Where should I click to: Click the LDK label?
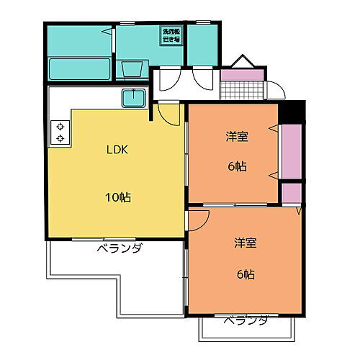click(x=119, y=150)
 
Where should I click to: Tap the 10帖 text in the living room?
click(x=120, y=197)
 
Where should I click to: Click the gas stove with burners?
click(x=60, y=131)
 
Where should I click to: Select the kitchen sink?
click(x=134, y=97)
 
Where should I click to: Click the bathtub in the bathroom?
click(x=79, y=69)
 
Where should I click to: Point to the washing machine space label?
click(x=171, y=36)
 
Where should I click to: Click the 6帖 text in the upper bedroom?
click(x=238, y=166)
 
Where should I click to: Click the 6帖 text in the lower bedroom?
click(x=245, y=274)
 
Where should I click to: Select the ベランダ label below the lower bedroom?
click(x=245, y=320)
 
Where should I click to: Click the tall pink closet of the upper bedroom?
click(x=292, y=151)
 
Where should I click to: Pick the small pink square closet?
click(x=292, y=193)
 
